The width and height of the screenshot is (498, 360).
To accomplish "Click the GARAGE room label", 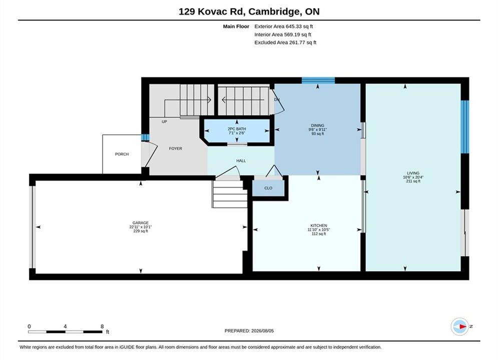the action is click(140, 222).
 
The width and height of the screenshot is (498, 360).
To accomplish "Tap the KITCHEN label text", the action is click(318, 225).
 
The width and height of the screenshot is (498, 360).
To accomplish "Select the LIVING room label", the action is click(413, 173).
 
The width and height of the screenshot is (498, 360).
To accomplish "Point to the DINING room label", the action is click(318, 125).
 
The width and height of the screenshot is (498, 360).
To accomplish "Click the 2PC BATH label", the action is click(237, 129).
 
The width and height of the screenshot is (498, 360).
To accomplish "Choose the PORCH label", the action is click(122, 154).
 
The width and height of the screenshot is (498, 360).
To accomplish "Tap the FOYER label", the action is click(176, 148).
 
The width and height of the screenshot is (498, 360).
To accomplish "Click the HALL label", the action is click(241, 161).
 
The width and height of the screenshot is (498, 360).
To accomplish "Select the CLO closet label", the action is click(268, 188).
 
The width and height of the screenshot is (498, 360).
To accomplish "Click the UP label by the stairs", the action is click(164, 121).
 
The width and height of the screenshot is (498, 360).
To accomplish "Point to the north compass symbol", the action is click(460, 326).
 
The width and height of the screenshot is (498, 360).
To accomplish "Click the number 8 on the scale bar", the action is click(102, 326).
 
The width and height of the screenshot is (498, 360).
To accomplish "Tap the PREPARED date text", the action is click(249, 331).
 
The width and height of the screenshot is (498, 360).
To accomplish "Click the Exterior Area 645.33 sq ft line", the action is click(284, 26).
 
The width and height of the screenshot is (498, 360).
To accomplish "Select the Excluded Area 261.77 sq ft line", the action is click(285, 42).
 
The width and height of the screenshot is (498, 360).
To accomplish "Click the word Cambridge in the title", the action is click(274, 11).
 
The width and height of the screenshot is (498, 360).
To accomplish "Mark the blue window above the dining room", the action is click(318, 80).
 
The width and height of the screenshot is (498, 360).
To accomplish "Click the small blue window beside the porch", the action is click(145, 137).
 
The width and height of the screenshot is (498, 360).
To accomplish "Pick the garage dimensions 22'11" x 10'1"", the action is click(140, 227).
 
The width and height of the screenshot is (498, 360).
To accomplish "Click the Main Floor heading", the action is click(236, 26).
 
